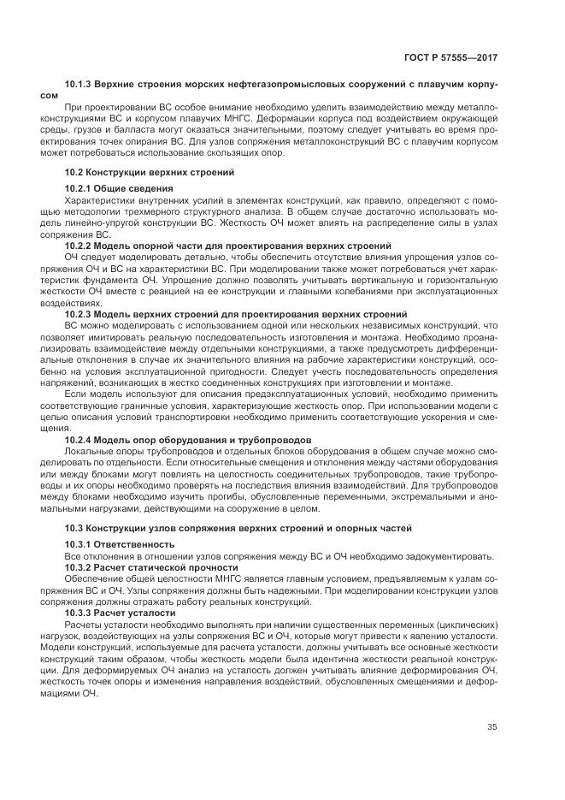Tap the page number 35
coord(492,727)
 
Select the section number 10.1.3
coord(79,86)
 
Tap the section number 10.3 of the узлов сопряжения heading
coord(75,528)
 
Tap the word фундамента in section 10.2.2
coord(111,279)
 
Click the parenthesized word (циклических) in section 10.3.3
coord(458,625)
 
